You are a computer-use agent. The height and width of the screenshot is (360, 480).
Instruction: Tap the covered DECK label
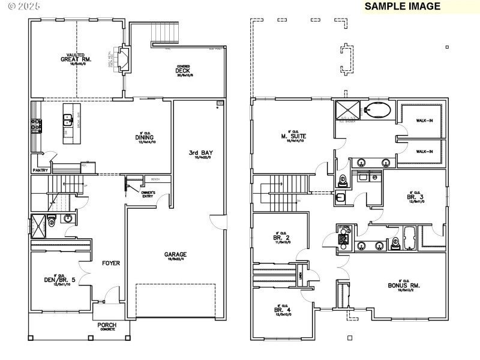[183, 71]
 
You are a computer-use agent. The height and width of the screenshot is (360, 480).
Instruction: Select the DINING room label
[145, 137]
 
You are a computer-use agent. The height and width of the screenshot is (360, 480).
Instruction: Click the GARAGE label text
[176, 254]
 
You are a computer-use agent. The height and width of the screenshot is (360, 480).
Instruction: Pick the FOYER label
[110, 263]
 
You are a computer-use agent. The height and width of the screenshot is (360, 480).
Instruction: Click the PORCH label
[107, 325]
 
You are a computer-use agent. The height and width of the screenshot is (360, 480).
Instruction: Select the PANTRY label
[40, 170]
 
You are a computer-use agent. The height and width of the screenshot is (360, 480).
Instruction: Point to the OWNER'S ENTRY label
[148, 193]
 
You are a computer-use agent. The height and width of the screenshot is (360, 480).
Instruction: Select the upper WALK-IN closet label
[424, 121]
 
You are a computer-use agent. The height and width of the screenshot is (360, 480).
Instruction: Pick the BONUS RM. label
[403, 285]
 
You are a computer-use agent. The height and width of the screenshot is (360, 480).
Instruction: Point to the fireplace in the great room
[125, 59]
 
